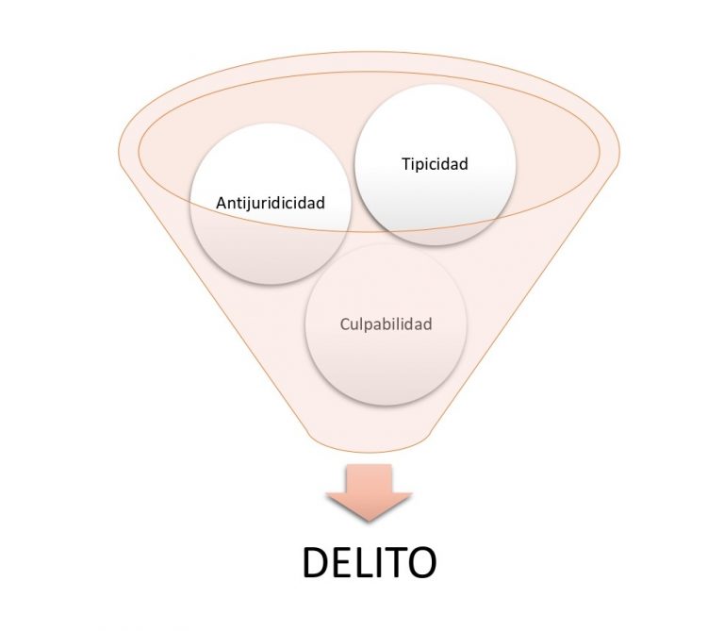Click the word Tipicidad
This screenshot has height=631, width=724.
pyautogui.click(x=435, y=164)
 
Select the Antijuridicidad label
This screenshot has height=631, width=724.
pyautogui.click(x=271, y=202)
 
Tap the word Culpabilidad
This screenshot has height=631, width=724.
pyautogui.click(x=386, y=324)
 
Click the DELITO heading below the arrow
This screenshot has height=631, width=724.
pyautogui.click(x=369, y=562)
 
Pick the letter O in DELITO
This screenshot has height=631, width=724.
pyautogui.click(x=420, y=562)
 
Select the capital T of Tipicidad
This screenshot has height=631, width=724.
pyautogui.click(x=403, y=164)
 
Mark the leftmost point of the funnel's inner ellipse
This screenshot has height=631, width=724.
pyautogui.click(x=140, y=151)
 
